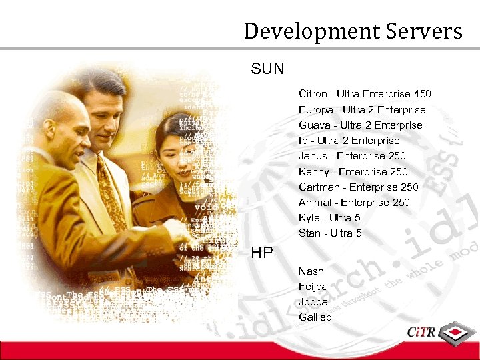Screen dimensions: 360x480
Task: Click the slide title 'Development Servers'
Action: point(353,31)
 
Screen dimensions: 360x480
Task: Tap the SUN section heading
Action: point(267,68)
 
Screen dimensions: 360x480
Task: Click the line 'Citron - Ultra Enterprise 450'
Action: point(365,94)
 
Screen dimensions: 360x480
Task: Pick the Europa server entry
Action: point(362,110)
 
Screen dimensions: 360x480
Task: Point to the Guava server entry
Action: point(361,125)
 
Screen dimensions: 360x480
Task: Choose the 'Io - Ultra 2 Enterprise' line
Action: point(349,141)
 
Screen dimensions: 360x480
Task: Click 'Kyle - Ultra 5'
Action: point(329,218)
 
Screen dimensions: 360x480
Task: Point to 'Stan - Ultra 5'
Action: point(330,233)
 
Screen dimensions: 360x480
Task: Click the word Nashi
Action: point(312,271)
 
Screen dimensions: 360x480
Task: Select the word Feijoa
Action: point(313,287)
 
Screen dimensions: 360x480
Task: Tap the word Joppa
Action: point(313,302)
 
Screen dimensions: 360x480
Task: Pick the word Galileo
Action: point(315,317)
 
